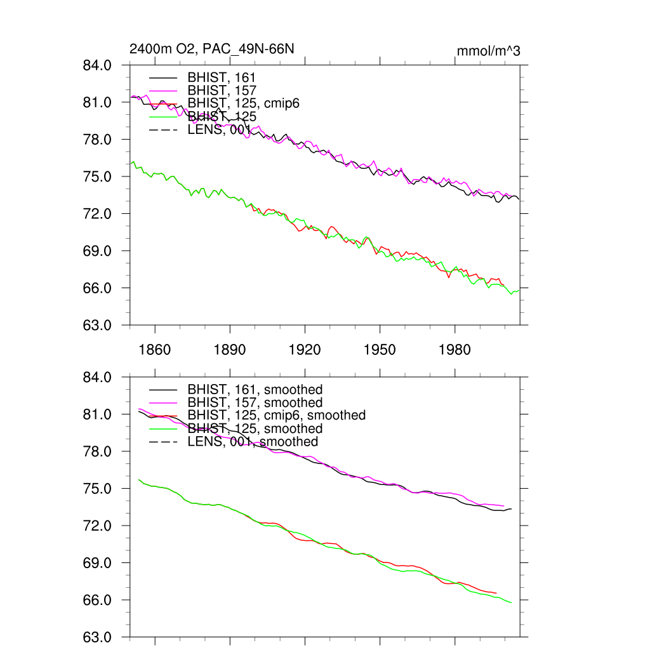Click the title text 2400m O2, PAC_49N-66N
[x=211, y=49]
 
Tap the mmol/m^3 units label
[x=488, y=51]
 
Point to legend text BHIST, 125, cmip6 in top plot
[x=239, y=103]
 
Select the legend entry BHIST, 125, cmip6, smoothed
[x=276, y=415]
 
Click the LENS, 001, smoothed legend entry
[x=253, y=442]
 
